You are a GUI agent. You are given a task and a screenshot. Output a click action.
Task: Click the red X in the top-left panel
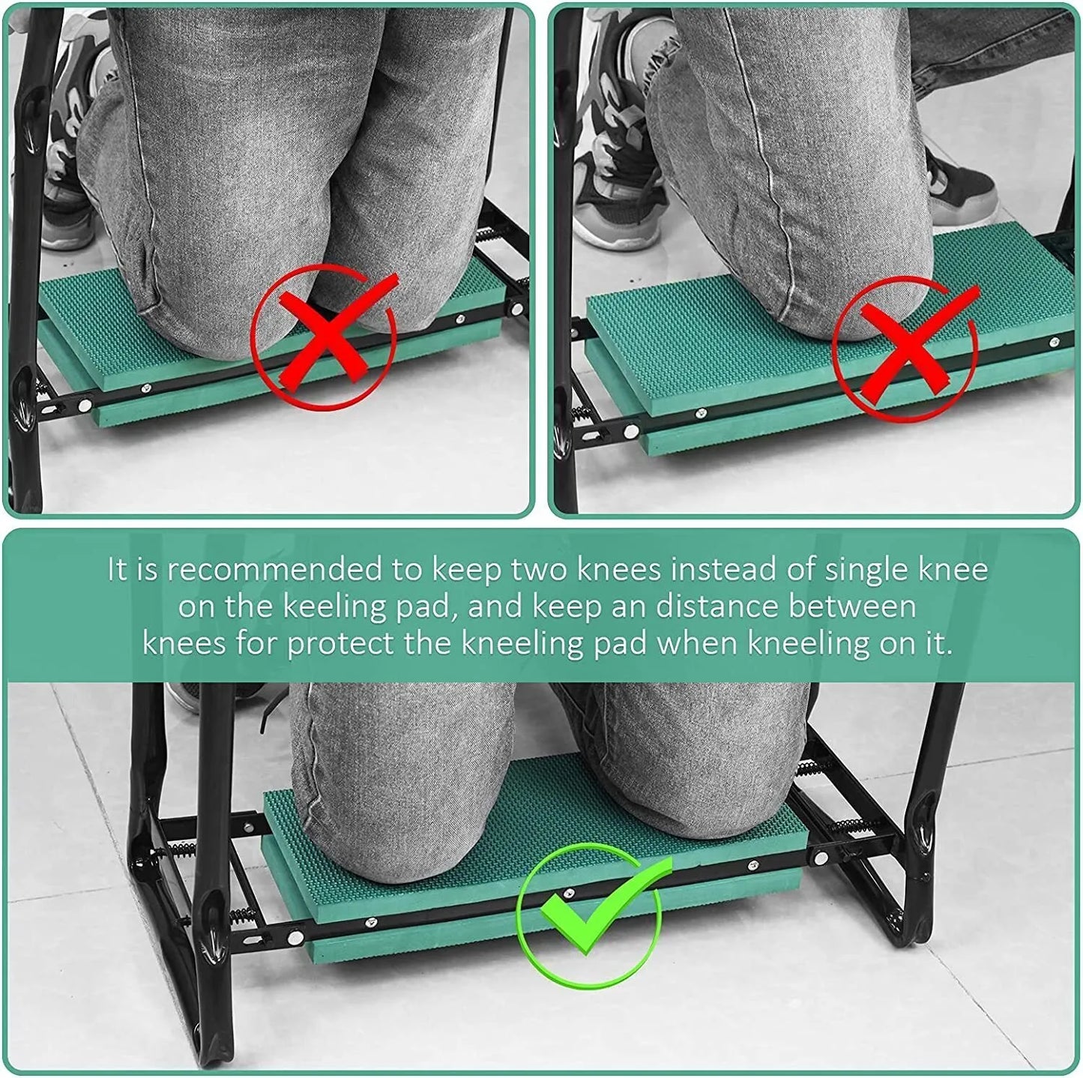(325, 337)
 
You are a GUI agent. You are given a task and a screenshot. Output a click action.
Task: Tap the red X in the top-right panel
(905, 347)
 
